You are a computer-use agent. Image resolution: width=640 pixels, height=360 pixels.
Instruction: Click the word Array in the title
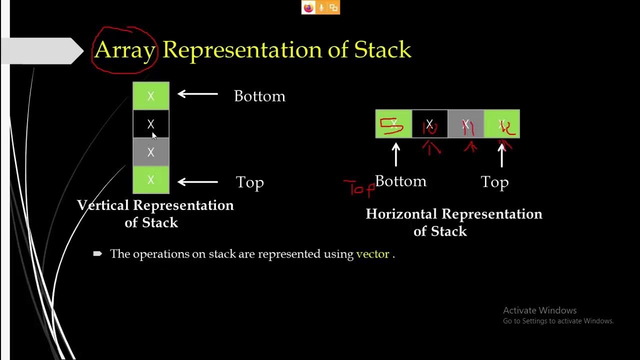tap(124, 50)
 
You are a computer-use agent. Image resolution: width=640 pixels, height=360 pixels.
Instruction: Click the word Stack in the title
tap(382, 50)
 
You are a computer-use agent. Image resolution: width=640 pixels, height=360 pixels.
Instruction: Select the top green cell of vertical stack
tap(151, 96)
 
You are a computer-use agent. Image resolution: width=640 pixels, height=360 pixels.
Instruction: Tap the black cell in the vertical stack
tap(151, 124)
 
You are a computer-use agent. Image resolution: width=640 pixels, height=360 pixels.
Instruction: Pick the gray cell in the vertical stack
tap(151, 152)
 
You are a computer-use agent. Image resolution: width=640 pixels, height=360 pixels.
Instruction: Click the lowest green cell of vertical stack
tap(151, 180)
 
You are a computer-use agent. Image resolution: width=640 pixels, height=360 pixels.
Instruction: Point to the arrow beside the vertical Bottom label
tap(198, 94)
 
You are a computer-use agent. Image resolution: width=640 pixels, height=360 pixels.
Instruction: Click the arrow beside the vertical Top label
tap(198, 182)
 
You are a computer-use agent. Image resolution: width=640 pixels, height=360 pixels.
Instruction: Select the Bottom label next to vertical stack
tap(259, 96)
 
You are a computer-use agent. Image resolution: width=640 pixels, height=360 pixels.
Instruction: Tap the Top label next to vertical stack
tap(249, 182)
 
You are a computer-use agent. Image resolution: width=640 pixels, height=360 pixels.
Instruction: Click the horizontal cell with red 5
tap(393, 124)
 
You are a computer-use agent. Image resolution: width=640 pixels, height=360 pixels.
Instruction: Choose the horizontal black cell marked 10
tap(429, 124)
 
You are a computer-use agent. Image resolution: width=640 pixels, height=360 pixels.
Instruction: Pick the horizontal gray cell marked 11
tap(466, 124)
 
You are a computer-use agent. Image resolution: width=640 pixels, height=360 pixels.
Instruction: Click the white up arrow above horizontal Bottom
tap(396, 155)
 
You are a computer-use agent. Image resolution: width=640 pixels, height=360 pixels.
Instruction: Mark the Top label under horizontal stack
tap(494, 182)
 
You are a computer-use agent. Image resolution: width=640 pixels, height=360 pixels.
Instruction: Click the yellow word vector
tap(372, 254)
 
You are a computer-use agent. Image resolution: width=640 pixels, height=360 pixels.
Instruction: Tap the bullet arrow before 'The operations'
tap(97, 254)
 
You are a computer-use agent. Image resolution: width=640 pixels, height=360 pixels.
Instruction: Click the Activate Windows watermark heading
tap(539, 310)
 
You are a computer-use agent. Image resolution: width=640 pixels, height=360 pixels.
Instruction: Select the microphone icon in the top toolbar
tap(320, 7)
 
